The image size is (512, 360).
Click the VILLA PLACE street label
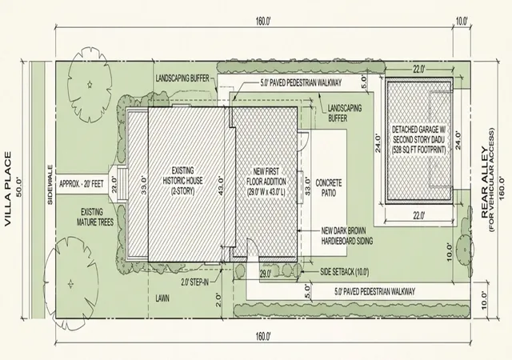pyautogui.click(x=8, y=189)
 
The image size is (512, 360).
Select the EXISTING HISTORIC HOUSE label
pyautogui.click(x=183, y=181)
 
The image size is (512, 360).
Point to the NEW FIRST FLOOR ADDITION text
pyautogui.click(x=266, y=182)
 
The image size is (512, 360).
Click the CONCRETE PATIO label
pyautogui.click(x=329, y=187)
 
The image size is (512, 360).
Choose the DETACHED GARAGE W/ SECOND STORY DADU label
pyautogui.click(x=419, y=139)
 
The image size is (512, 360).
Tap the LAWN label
pyautogui.click(x=162, y=298)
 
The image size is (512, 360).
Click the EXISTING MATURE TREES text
pyautogui.click(x=95, y=218)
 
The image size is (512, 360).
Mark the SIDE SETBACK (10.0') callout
pyautogui.click(x=345, y=271)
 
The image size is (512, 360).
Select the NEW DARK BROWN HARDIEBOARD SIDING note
pyautogui.click(x=346, y=236)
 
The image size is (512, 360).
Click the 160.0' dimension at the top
pyautogui.click(x=263, y=22)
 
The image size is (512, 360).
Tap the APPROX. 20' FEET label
pyautogui.click(x=82, y=184)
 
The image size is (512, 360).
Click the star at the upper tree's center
pyautogui.click(x=90, y=85)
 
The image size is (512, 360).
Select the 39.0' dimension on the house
pyautogui.click(x=144, y=186)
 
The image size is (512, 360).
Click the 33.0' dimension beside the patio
pyautogui.click(x=307, y=186)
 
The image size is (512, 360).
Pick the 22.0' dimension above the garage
pyautogui.click(x=419, y=70)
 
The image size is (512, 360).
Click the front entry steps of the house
pyautogui.click(x=122, y=185)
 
